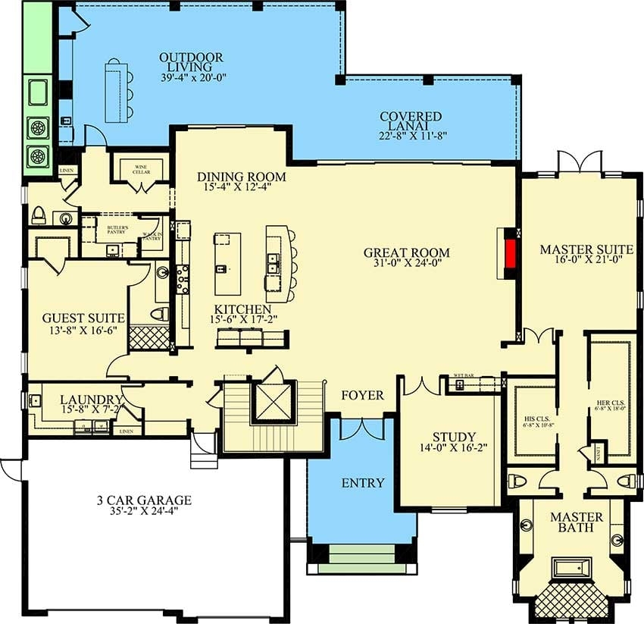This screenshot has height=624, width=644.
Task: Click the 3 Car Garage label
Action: pyautogui.click(x=143, y=500)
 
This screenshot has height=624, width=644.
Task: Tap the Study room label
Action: pyautogui.click(x=454, y=437)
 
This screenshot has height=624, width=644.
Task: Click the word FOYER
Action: pyautogui.click(x=362, y=395)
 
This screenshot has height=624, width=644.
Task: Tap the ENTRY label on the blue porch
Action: pyautogui.click(x=362, y=482)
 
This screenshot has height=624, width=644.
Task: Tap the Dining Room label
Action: pyautogui.click(x=242, y=177)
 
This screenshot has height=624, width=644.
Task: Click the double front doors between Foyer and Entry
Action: pyautogui.click(x=361, y=428)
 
